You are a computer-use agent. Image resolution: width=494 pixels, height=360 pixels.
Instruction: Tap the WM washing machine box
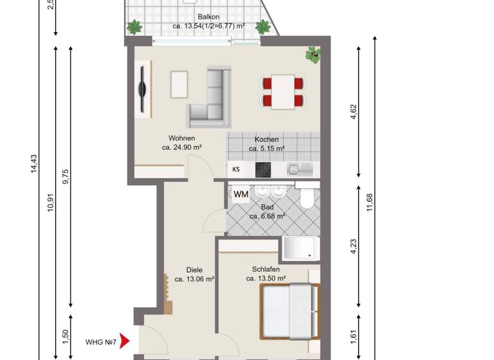[x=241, y=194]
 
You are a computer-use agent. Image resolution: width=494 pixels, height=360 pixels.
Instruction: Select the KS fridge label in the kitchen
[x=236, y=170]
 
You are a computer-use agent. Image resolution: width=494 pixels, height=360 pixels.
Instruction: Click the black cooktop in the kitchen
[x=263, y=170]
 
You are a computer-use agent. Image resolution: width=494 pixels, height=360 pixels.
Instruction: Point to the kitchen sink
[x=300, y=170]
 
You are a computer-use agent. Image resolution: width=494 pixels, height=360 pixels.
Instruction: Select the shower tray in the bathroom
[x=301, y=248]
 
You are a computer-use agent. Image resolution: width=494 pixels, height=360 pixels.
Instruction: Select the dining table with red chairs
[x=282, y=91]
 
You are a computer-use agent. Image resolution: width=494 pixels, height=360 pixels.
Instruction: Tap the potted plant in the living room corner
[x=313, y=55]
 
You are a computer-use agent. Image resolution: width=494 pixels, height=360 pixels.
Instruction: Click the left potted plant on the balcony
[x=134, y=27]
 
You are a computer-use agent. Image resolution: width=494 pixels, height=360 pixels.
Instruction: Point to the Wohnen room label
[x=181, y=138]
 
